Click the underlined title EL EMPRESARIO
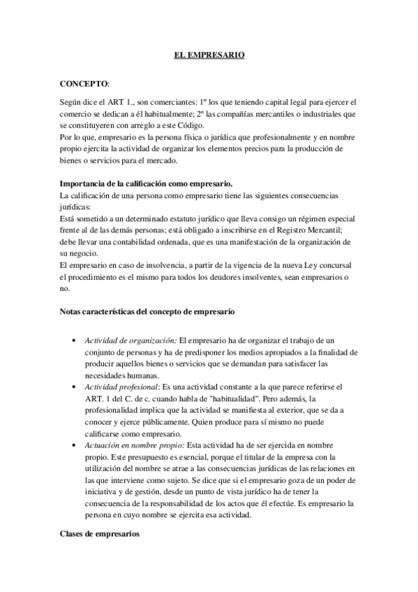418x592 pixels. pyautogui.click(x=209, y=53)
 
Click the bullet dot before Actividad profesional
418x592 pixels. pyautogui.click(x=75, y=385)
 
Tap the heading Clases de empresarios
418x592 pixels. pyautogui.click(x=99, y=533)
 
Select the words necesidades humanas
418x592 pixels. pyautogui.click(x=123, y=373)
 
